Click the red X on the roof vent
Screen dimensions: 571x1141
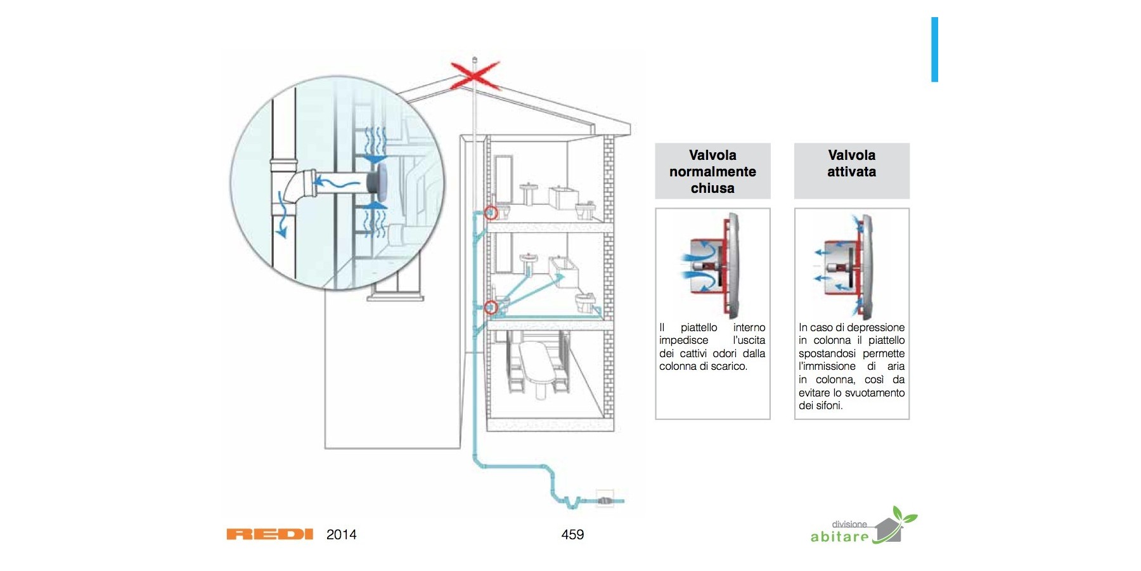click(x=474, y=75)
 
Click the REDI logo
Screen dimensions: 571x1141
click(x=269, y=534)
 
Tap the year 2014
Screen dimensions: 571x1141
click(x=341, y=534)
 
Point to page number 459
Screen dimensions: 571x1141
click(x=572, y=534)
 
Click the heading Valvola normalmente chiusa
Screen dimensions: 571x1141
click(x=712, y=171)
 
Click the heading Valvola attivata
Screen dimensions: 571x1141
click(x=851, y=164)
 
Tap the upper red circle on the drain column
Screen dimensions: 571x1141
click(x=491, y=213)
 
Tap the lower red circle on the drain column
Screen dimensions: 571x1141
click(x=491, y=308)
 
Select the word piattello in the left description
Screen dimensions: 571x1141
click(x=699, y=327)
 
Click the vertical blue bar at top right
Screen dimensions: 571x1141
click(x=934, y=49)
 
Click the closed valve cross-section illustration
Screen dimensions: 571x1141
click(x=712, y=266)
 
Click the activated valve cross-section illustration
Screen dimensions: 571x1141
click(x=851, y=266)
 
